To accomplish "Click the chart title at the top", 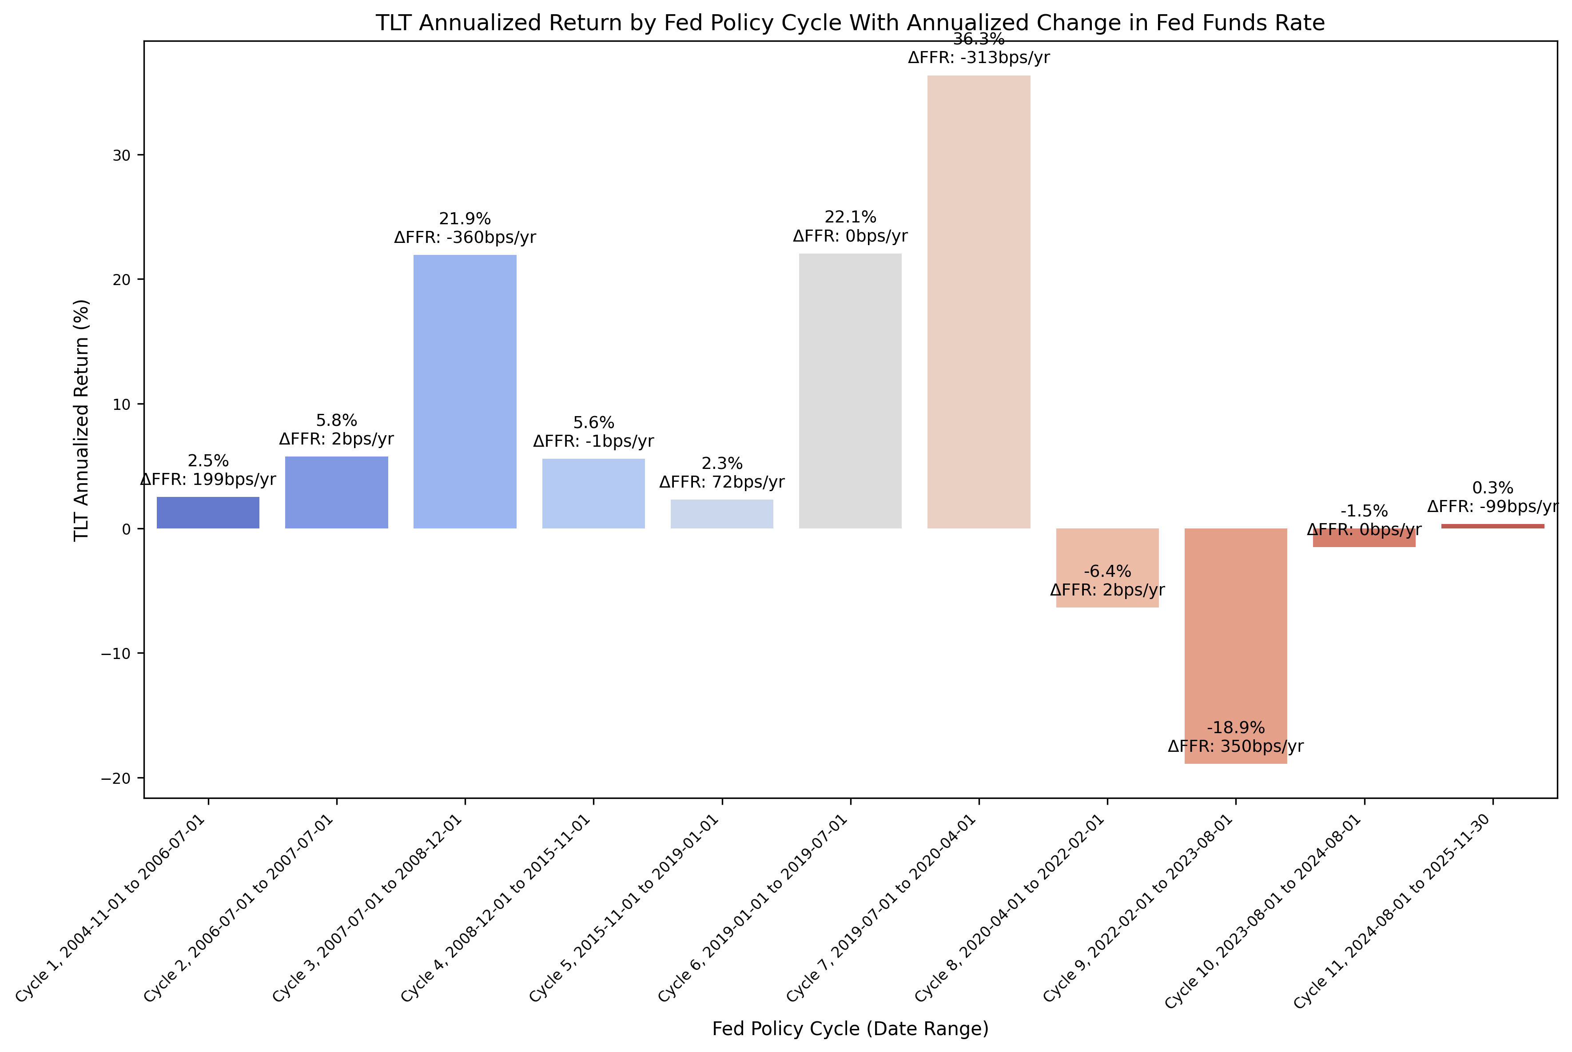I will click(x=850, y=23).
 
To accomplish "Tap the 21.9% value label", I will click(x=465, y=219).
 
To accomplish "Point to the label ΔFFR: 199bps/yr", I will click(x=208, y=480).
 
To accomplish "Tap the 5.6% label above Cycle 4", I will click(x=593, y=423).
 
